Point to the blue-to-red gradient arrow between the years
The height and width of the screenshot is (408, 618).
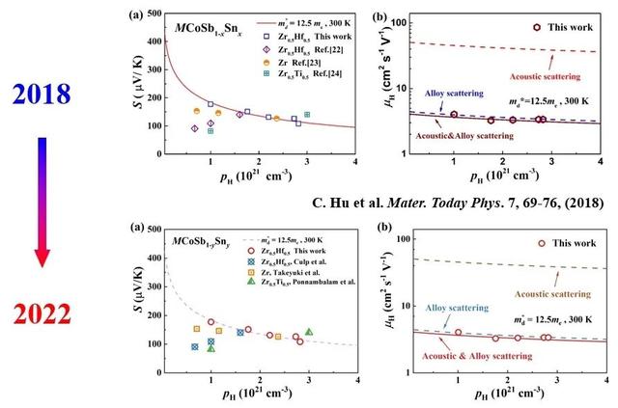pyautogui.click(x=41, y=203)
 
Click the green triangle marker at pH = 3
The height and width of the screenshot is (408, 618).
pyautogui.click(x=309, y=332)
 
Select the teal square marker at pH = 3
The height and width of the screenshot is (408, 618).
pyautogui.click(x=307, y=115)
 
